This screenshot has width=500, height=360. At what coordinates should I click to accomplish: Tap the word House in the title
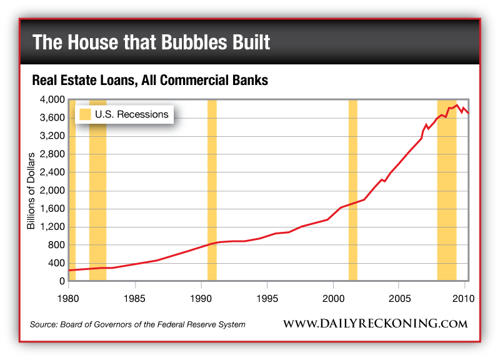pyautogui.click(x=94, y=42)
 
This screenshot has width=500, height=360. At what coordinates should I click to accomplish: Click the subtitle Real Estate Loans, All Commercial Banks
pyautogui.click(x=150, y=81)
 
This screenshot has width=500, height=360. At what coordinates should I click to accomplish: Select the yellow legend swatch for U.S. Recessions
pyautogui.click(x=84, y=114)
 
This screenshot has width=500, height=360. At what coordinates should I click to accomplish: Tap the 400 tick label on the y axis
pyautogui.click(x=57, y=263)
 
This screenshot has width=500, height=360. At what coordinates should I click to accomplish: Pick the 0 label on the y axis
pyautogui.click(x=62, y=281)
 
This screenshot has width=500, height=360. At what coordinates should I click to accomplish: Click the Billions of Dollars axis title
pyautogui.click(x=31, y=191)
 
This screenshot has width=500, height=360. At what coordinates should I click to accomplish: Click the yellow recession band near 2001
pyautogui.click(x=352, y=187)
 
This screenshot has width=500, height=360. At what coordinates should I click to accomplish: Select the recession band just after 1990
pyautogui.click(x=212, y=187)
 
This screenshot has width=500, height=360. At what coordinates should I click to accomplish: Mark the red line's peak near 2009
pyautogui.click(x=457, y=105)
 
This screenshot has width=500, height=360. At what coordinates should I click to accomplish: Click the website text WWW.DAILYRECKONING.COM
pyautogui.click(x=375, y=324)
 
